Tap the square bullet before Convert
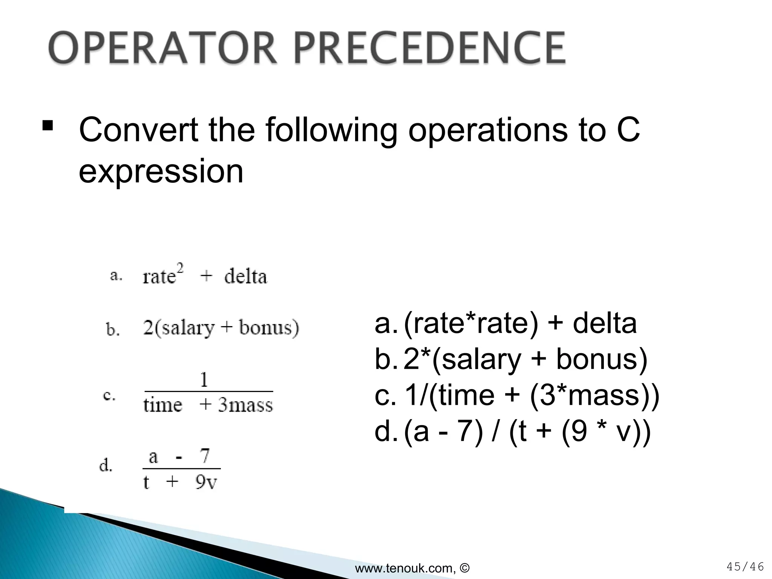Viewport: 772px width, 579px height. tap(47, 126)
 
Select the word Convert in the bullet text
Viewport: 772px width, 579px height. tap(139, 130)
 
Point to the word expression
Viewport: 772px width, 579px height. tap(161, 172)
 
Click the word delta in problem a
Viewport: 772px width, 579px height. tap(245, 277)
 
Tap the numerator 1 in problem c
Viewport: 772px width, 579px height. tap(204, 380)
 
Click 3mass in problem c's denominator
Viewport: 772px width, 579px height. tap(245, 405)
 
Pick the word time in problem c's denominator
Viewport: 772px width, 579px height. tap(162, 405)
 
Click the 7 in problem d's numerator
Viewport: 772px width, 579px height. tap(205, 456)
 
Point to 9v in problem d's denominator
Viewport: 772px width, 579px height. tap(206, 482)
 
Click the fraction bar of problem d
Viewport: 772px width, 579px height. tap(181, 469)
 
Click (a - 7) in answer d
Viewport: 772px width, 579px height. tap(443, 432)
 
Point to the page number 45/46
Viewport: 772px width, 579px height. tap(745, 567)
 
